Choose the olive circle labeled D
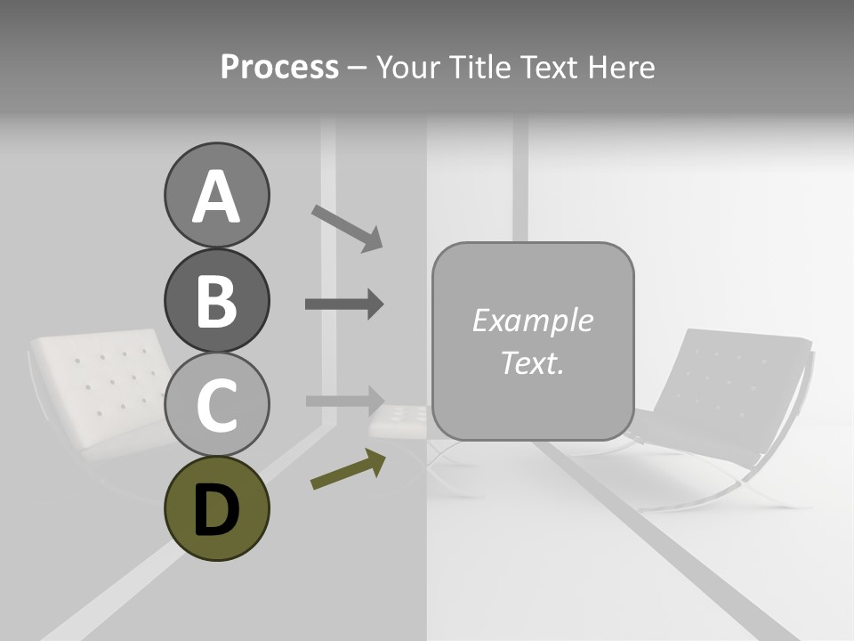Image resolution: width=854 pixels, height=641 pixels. (216, 508)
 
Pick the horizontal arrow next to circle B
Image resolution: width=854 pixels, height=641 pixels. (344, 304)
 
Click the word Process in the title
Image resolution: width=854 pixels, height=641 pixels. (279, 67)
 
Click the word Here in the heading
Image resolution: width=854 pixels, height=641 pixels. (623, 67)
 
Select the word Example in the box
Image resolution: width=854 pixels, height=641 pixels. (532, 320)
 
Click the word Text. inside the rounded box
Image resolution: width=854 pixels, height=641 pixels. (532, 362)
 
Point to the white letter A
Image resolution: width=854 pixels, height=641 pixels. (216, 197)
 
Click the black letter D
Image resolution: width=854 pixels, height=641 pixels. (216, 510)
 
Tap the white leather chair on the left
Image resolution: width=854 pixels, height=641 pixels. (98, 392)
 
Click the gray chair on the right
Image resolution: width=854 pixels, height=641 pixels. (729, 401)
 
